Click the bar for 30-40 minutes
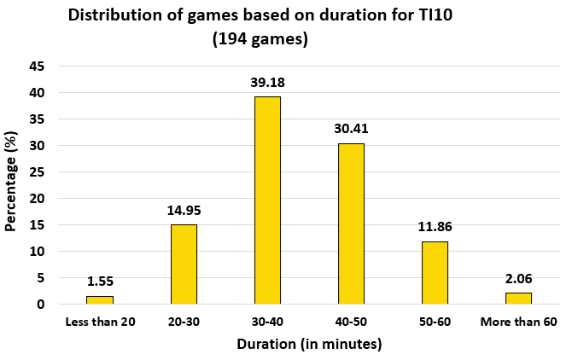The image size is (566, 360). (x=267, y=200)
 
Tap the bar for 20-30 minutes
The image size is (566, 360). (x=184, y=264)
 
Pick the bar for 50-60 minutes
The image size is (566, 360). (x=435, y=273)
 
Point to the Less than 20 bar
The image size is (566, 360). (x=100, y=300)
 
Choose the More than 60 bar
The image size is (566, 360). (x=518, y=299)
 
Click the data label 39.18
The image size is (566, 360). (x=267, y=82)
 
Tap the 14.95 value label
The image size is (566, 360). (x=184, y=210)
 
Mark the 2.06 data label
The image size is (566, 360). (x=518, y=278)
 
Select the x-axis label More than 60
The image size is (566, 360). (x=518, y=322)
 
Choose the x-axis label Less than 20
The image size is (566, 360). (x=100, y=322)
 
